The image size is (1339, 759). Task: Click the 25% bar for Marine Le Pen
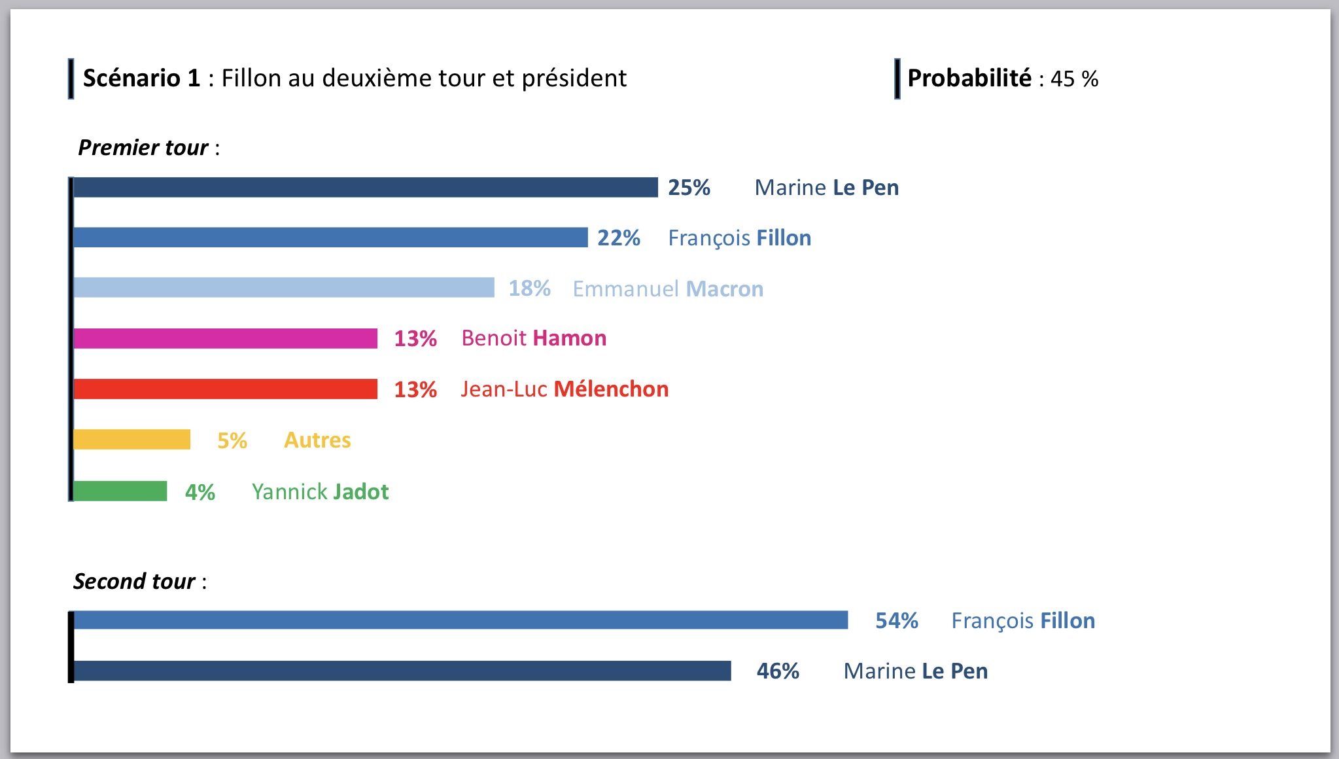pos(365,187)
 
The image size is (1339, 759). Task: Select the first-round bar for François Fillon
pos(330,238)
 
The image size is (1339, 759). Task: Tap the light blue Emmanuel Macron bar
pos(283,288)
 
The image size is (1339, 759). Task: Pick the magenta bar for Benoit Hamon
pos(225,338)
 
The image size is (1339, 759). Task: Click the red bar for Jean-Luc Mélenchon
pos(225,389)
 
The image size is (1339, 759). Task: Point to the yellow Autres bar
pos(131,440)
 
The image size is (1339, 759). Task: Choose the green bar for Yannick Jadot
pos(120,491)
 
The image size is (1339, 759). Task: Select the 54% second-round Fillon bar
pos(461,620)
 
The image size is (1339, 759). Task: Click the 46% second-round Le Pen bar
pos(402,671)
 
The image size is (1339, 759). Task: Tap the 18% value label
pos(529,289)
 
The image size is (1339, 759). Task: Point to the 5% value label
pos(232,440)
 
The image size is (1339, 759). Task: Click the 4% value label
pos(200,492)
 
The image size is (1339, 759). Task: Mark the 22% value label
pos(618,238)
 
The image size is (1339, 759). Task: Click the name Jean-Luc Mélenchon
pos(565,389)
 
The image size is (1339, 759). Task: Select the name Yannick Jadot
pos(320,492)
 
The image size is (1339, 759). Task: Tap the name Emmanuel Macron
pos(668,289)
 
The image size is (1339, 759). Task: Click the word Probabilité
pos(969,79)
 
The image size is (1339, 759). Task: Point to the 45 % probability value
pos(1074,79)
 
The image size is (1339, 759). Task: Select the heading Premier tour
pos(143,148)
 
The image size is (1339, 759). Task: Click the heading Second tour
pos(134,582)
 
